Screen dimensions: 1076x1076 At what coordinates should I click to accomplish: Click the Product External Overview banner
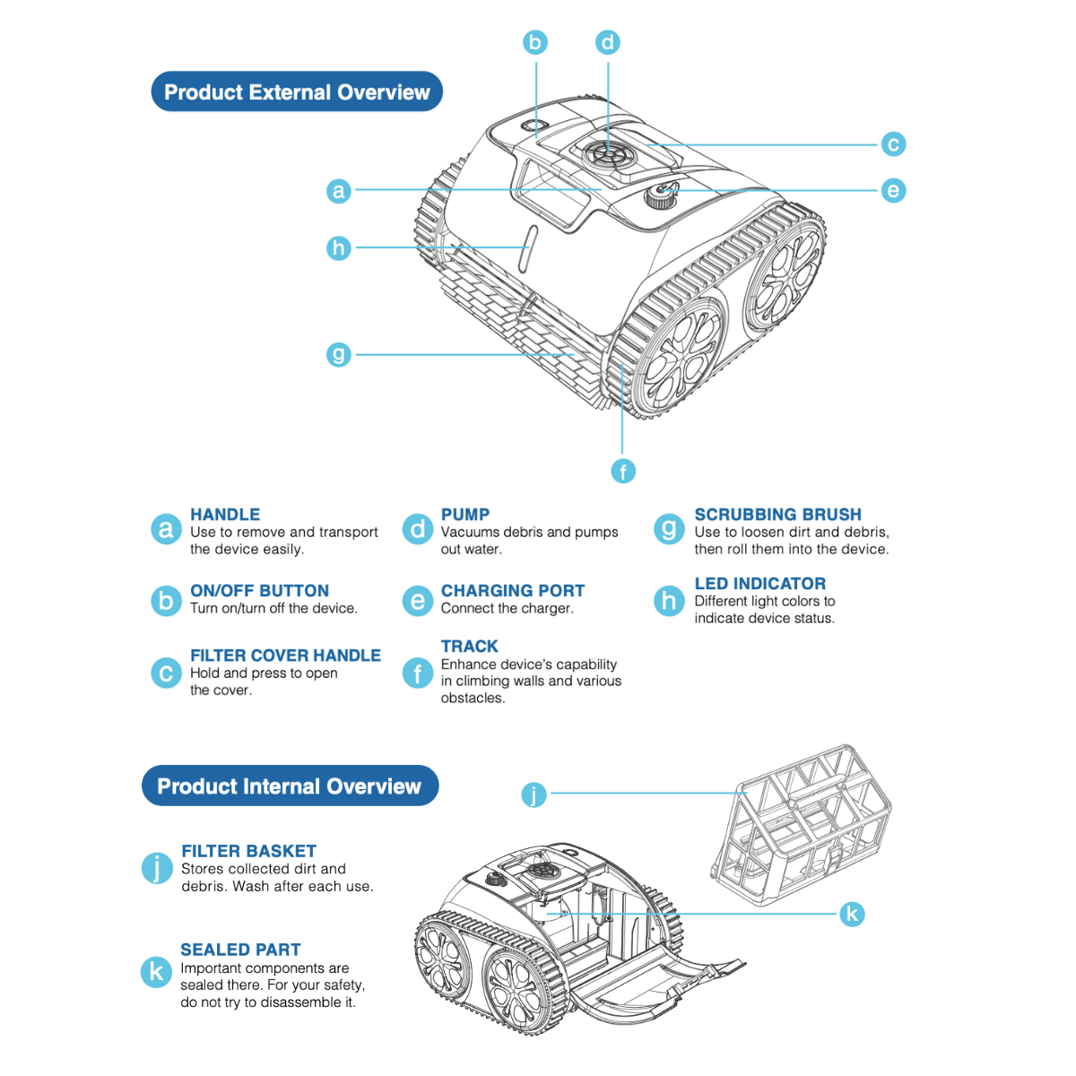point(297,92)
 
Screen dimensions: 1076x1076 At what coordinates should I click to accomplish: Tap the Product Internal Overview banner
point(290,786)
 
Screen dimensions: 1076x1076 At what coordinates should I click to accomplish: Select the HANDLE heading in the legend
point(225,515)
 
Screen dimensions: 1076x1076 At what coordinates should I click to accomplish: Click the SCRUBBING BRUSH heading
point(777,515)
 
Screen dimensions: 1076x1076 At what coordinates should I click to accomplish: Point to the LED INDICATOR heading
point(759,584)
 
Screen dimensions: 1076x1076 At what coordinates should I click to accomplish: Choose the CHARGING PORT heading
point(512,591)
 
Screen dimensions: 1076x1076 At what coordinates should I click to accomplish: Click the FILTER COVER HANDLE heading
point(285,655)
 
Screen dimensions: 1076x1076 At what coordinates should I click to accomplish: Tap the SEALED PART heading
point(240,950)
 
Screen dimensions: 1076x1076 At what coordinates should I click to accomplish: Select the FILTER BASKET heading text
point(248,851)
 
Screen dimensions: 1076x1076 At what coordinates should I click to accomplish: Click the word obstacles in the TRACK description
point(473,699)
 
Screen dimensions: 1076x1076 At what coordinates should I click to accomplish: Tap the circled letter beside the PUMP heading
point(417,529)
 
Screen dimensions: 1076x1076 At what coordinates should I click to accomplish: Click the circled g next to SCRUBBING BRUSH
point(668,529)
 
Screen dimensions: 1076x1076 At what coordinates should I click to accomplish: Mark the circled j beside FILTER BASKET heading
point(157,868)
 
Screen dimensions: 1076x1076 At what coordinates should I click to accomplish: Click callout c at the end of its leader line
point(893,144)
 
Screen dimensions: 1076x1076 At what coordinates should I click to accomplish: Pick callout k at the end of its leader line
point(852,914)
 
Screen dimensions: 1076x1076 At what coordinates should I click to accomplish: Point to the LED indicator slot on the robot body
point(528,248)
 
